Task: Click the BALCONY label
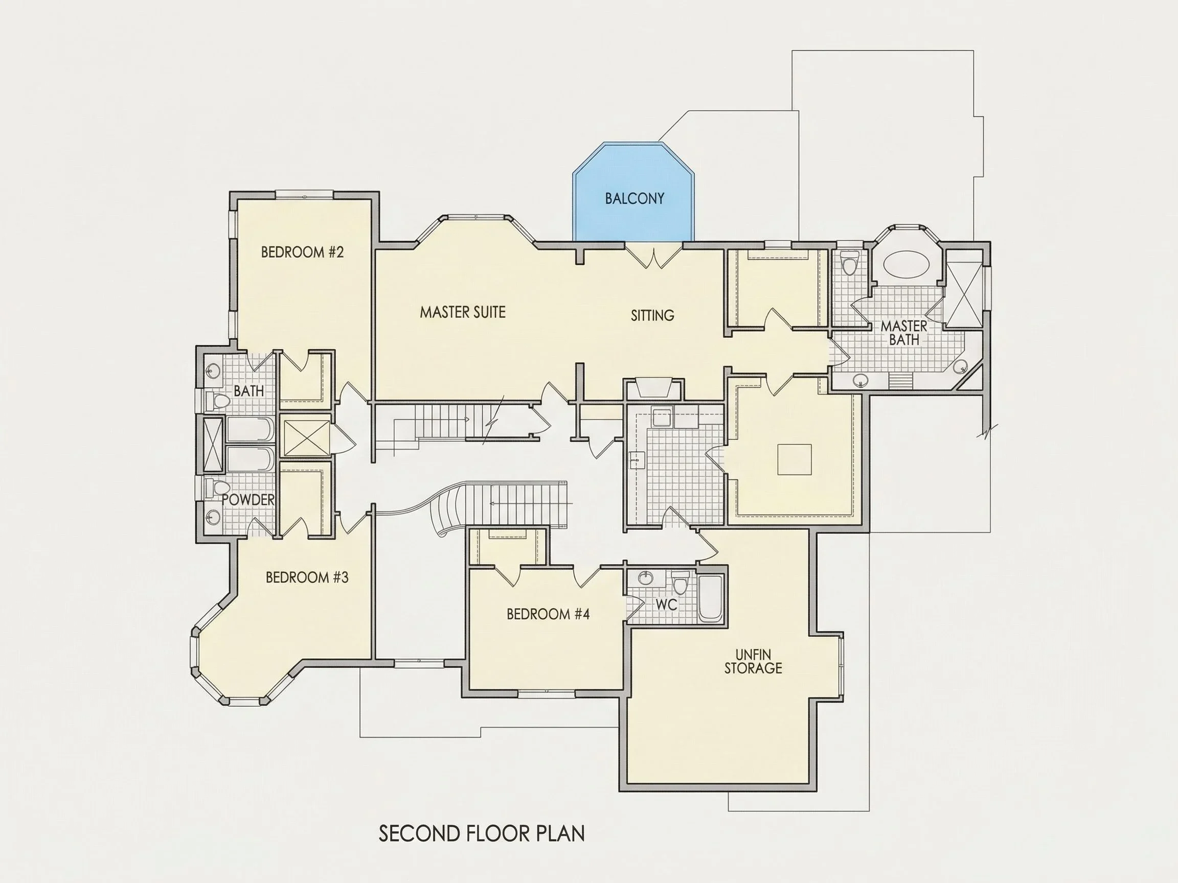pyautogui.click(x=635, y=199)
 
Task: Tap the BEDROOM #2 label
pyautogui.click(x=302, y=252)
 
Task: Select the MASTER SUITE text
pyautogui.click(x=462, y=312)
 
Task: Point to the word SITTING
pyautogui.click(x=652, y=316)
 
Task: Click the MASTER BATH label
pyautogui.click(x=904, y=333)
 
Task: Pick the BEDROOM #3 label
pyautogui.click(x=307, y=577)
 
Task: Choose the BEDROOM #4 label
pyautogui.click(x=548, y=614)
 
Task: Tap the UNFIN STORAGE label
pyautogui.click(x=753, y=662)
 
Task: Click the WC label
pyautogui.click(x=666, y=605)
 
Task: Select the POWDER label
pyautogui.click(x=247, y=500)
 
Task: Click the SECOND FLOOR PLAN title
pyautogui.click(x=482, y=833)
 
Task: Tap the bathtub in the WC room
pyautogui.click(x=709, y=598)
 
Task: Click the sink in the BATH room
pyautogui.click(x=213, y=370)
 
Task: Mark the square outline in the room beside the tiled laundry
pyautogui.click(x=795, y=459)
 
